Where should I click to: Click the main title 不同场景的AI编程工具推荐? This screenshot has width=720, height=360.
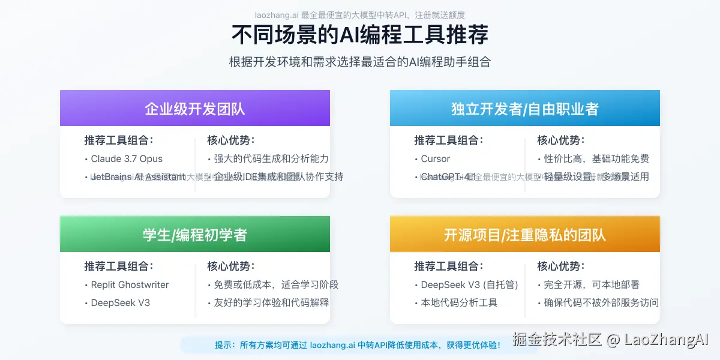tap(359, 35)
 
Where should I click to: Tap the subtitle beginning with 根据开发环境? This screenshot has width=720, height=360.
tap(359, 62)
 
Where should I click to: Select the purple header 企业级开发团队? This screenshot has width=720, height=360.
tap(195, 109)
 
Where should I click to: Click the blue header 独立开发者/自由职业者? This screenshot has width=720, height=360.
tap(525, 109)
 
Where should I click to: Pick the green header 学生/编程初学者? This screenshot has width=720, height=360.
tap(195, 235)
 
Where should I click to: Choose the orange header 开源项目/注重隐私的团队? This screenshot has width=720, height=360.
tap(525, 235)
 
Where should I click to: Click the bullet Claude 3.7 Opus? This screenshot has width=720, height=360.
tap(127, 159)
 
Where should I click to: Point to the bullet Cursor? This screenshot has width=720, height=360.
tap(435, 159)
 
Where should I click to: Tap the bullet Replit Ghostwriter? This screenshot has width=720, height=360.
tap(130, 285)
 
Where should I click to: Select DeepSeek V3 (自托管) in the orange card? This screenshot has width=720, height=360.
tap(469, 285)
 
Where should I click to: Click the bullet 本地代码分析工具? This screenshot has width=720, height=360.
tap(459, 303)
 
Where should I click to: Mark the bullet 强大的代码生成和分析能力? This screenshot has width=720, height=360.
tap(271, 159)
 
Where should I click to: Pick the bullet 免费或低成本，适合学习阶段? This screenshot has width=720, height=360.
tap(276, 285)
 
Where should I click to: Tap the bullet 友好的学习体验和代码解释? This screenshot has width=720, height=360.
tap(271, 303)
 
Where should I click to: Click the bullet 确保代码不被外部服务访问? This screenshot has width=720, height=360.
tap(601, 303)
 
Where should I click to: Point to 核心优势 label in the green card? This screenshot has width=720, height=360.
tap(231, 266)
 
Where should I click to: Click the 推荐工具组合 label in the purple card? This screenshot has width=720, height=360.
tap(118, 140)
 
